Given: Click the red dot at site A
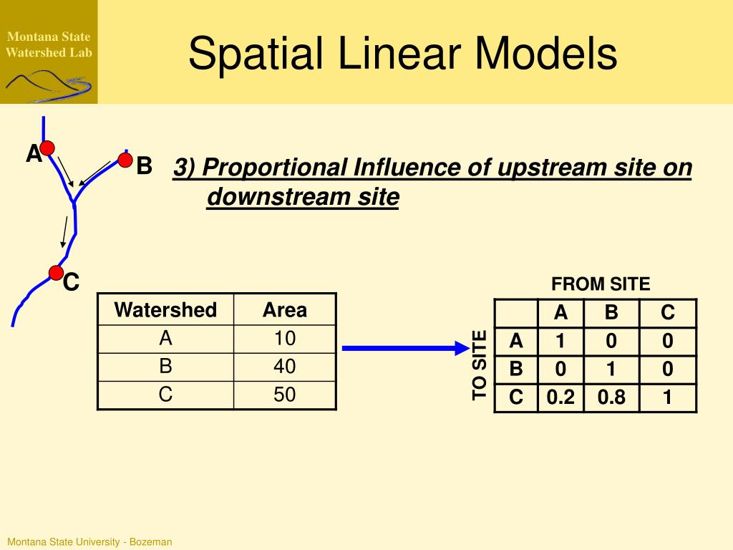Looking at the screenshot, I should coord(47,148).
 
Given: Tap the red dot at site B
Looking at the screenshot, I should coord(125,160).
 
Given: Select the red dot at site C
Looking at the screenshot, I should coord(56,272).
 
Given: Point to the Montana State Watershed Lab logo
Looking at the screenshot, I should coord(49,52).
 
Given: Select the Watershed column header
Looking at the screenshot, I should coord(165,310).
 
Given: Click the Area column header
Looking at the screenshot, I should coord(284,310).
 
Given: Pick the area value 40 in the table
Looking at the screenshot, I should coord(284,367).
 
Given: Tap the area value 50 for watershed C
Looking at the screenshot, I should coord(284,395).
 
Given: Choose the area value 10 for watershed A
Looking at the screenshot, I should coord(284,338).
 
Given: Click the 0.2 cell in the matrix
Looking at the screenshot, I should coord(560,397).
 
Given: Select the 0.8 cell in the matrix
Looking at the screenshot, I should coord(611,397).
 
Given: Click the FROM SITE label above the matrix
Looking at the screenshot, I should coord(601,284).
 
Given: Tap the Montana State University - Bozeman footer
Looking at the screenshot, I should coord(89,542).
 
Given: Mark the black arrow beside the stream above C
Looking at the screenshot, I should coord(64,231).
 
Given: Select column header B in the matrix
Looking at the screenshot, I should coord(611,313).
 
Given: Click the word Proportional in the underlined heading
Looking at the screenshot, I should coord(276,168).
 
